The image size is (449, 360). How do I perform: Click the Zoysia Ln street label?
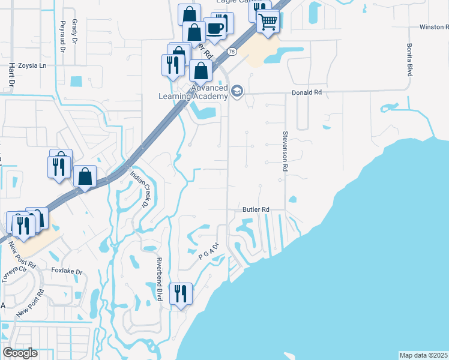click(x=32, y=66)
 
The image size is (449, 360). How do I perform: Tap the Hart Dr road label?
click(x=10, y=77)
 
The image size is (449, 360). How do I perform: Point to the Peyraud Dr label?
click(x=61, y=37)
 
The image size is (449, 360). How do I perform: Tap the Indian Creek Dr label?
click(x=139, y=190)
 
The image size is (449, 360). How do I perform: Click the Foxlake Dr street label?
click(x=67, y=271)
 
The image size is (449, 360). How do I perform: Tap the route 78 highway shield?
click(x=231, y=52)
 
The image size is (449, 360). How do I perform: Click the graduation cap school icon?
click(x=237, y=91)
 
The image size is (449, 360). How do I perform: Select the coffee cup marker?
click(x=214, y=27)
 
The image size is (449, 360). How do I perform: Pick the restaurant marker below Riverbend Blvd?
click(x=181, y=294)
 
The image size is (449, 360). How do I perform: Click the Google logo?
click(x=20, y=353)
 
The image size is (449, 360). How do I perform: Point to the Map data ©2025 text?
click(x=424, y=355)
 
